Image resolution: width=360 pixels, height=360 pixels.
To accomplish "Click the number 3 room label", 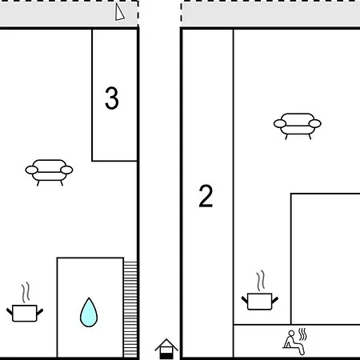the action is [112, 98].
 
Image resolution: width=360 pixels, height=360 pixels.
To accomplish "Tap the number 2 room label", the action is [206, 196].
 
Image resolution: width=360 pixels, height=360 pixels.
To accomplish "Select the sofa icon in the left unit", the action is [49, 172].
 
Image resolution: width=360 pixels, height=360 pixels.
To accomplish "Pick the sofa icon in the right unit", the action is [298, 126].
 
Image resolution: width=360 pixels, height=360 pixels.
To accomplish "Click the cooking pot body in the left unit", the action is [25, 314].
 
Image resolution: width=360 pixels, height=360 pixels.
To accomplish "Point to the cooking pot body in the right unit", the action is [260, 302].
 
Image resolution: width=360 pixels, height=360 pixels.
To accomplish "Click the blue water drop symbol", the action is [89, 313].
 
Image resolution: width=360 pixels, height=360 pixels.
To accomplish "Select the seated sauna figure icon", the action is [294, 342].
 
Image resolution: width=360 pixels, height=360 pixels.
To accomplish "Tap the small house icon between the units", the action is [166, 349].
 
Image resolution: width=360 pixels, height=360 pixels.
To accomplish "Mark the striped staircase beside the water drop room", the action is [130, 310].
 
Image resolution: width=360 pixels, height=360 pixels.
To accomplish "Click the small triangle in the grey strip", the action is [119, 12].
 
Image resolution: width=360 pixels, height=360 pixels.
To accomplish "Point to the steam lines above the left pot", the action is [26, 293].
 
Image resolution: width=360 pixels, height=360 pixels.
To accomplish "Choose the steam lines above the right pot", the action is [261, 281].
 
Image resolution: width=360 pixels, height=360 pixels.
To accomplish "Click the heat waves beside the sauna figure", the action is [302, 334].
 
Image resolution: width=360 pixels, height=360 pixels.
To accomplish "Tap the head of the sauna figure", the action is [291, 334].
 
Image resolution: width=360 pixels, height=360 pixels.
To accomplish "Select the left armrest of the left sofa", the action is [31, 170].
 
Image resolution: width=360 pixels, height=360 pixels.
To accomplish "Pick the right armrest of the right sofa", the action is [315, 124].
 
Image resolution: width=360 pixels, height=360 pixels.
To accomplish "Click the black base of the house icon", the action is [166, 356].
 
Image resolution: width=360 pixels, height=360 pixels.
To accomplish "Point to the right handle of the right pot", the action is [275, 300].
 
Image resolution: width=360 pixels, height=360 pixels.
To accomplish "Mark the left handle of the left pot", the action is [10, 311].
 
